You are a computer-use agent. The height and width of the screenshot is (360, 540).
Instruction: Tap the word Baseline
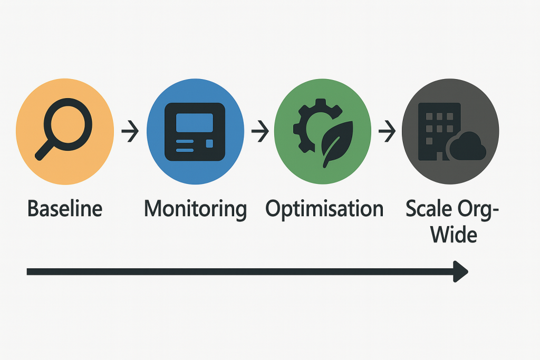(65, 209)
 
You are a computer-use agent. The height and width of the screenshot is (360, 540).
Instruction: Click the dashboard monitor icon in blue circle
(195, 131)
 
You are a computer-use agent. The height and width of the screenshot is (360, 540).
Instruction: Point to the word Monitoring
(195, 209)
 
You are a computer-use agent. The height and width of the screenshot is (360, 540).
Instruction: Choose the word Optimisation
(324, 209)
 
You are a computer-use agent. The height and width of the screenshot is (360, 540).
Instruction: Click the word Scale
(428, 209)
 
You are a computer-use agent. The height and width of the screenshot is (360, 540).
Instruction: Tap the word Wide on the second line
(454, 235)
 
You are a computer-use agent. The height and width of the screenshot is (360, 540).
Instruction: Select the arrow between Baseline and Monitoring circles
(130, 131)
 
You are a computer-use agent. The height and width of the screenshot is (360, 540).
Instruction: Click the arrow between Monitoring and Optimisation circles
(259, 131)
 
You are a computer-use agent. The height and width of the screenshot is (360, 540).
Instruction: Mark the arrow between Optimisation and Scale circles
(388, 131)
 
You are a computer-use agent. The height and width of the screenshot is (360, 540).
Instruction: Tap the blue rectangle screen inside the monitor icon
(194, 122)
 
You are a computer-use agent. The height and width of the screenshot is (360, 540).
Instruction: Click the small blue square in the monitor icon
(209, 143)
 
